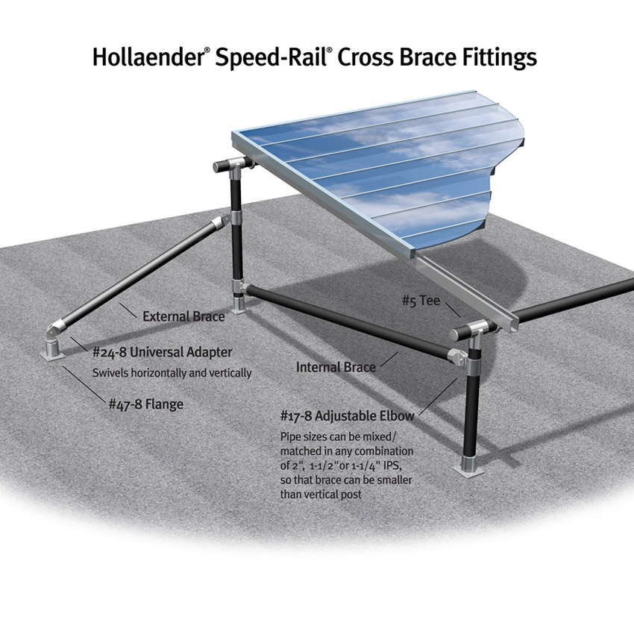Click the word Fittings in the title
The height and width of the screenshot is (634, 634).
pos(499,57)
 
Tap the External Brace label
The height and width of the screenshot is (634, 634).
pos(183,316)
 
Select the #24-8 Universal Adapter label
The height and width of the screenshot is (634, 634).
pos(162,351)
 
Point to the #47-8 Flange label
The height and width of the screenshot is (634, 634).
pos(145,404)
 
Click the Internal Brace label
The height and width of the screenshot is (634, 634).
pos(336,367)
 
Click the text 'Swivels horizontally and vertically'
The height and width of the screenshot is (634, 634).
pos(172,372)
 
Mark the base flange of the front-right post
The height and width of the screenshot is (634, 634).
pos(471,468)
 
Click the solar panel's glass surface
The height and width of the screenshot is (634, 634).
pos(388,172)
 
